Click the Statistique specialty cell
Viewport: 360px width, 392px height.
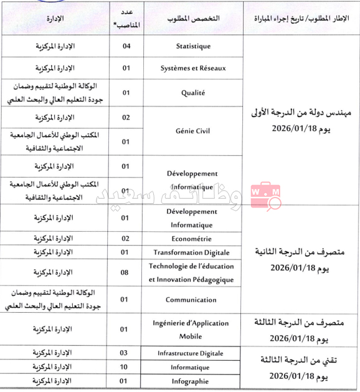pyautogui.click(x=193, y=46)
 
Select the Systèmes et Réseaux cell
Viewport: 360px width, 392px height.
pyautogui.click(x=193, y=68)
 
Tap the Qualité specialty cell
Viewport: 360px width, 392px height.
pyautogui.click(x=193, y=93)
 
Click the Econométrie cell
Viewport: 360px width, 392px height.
pyautogui.click(x=193, y=238)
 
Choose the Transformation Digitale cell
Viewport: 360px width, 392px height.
pyautogui.click(x=193, y=252)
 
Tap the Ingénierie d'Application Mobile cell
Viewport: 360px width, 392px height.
pyautogui.click(x=193, y=329)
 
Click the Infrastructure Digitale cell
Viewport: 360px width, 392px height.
pyautogui.click(x=193, y=353)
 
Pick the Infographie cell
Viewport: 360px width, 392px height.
pyautogui.click(x=193, y=381)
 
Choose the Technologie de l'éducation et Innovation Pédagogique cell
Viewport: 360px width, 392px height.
pyautogui.click(x=193, y=273)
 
